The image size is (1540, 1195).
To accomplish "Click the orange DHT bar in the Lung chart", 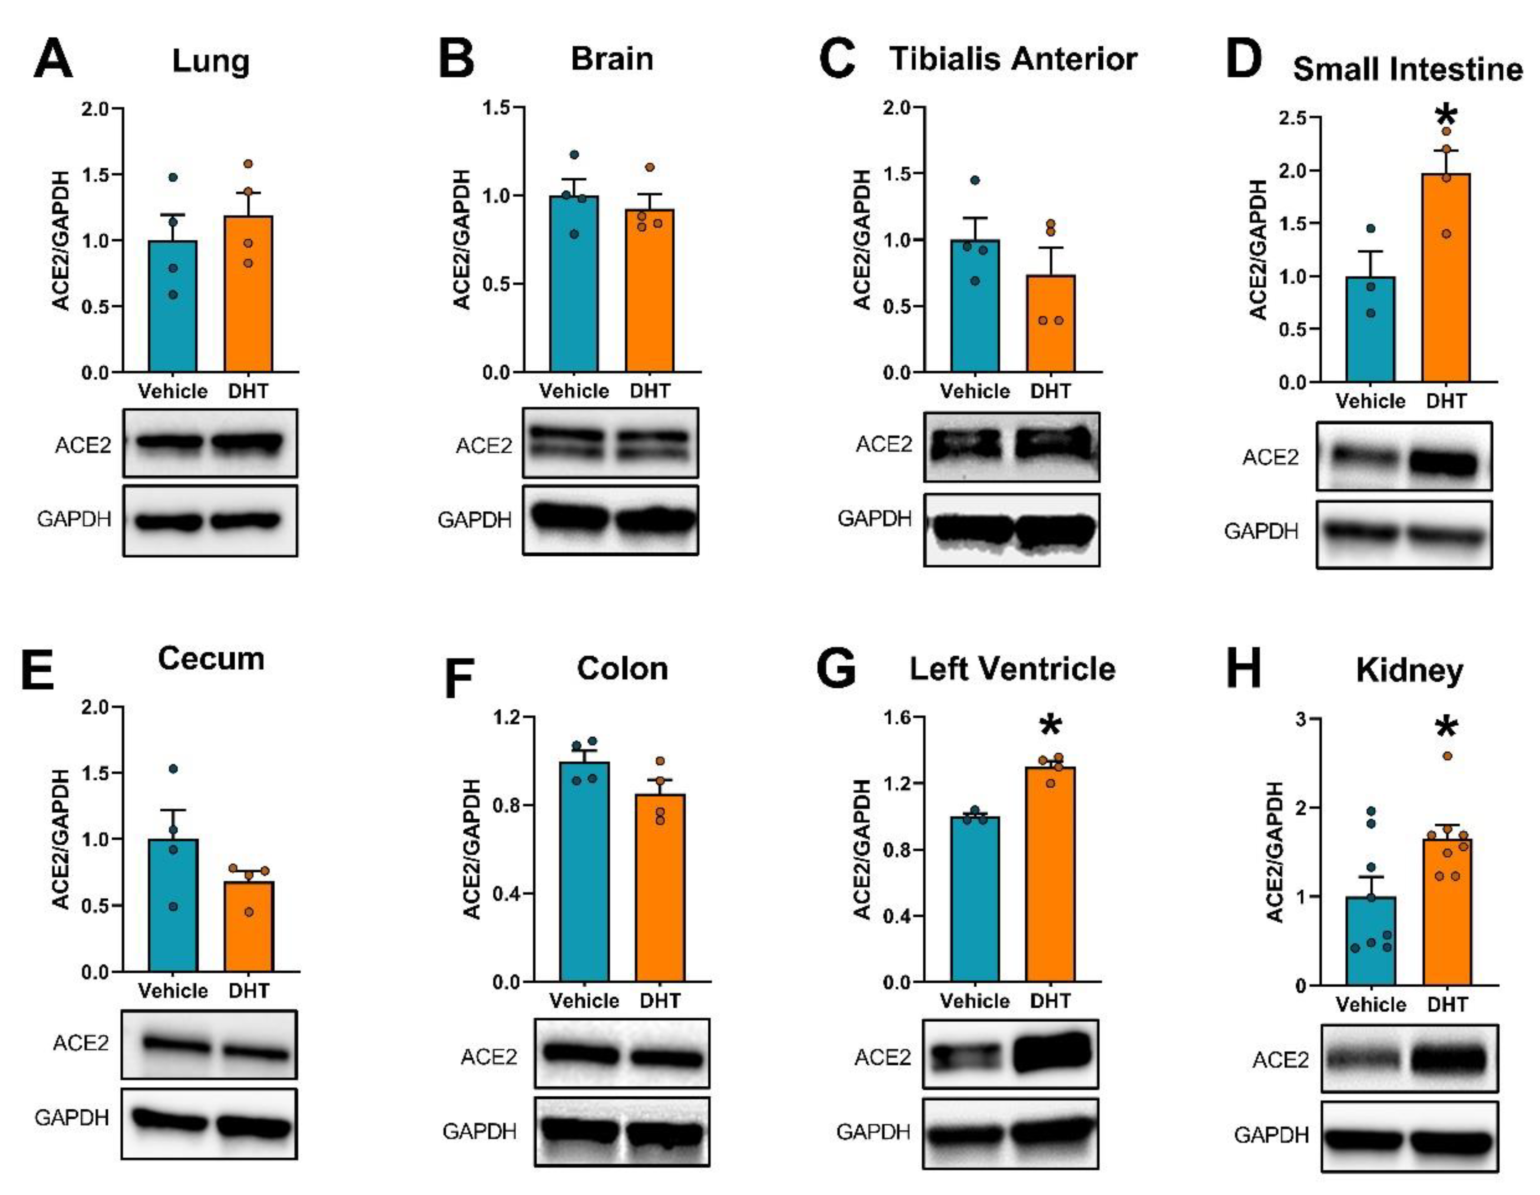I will pyautogui.click(x=248, y=296).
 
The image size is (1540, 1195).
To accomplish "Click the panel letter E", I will pyautogui.click(x=37, y=671).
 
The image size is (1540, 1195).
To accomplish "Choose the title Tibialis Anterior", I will pyautogui.click(x=1013, y=59).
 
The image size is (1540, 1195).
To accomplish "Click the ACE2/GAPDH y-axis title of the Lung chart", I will pyautogui.click(x=61, y=240).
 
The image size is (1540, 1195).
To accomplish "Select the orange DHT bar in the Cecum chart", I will pyautogui.click(x=248, y=927).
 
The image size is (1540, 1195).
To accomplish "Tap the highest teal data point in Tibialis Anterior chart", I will pyautogui.click(x=974, y=180).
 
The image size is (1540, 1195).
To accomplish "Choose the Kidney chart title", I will pyautogui.click(x=1409, y=670).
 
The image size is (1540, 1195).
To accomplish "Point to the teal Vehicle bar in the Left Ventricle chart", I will pyautogui.click(x=974, y=903).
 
